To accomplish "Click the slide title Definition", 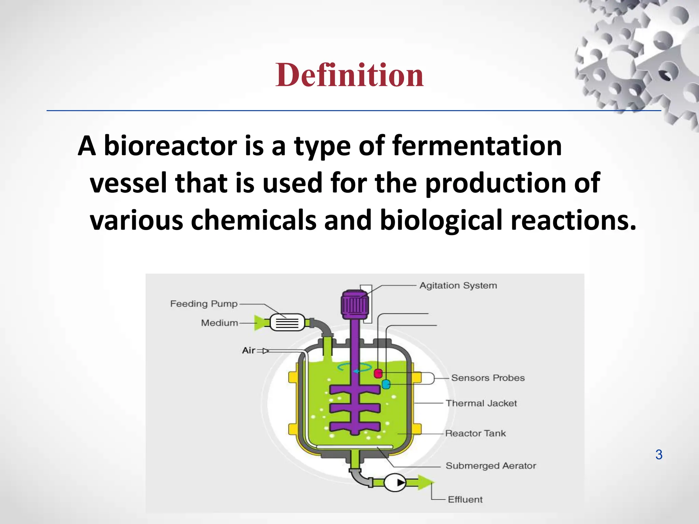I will (x=349, y=75).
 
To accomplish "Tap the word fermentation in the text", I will (x=477, y=146).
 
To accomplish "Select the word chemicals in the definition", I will (x=253, y=220).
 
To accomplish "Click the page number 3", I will (x=659, y=455).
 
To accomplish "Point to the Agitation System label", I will (x=458, y=286).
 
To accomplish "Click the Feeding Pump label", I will (x=204, y=304).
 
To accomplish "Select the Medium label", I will (x=219, y=323).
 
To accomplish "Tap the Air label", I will (x=248, y=350).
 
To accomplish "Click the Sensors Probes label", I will (x=488, y=378).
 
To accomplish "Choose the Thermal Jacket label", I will (x=481, y=403).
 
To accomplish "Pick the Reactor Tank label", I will (x=475, y=433).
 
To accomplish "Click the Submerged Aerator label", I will (x=491, y=466).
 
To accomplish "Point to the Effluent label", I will (x=465, y=499).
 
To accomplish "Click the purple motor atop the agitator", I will (x=355, y=303).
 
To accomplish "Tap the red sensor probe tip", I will (x=378, y=373).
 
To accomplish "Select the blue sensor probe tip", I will (x=386, y=384).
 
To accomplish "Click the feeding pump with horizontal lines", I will (x=287, y=322).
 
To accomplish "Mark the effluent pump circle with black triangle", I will (x=395, y=483).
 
